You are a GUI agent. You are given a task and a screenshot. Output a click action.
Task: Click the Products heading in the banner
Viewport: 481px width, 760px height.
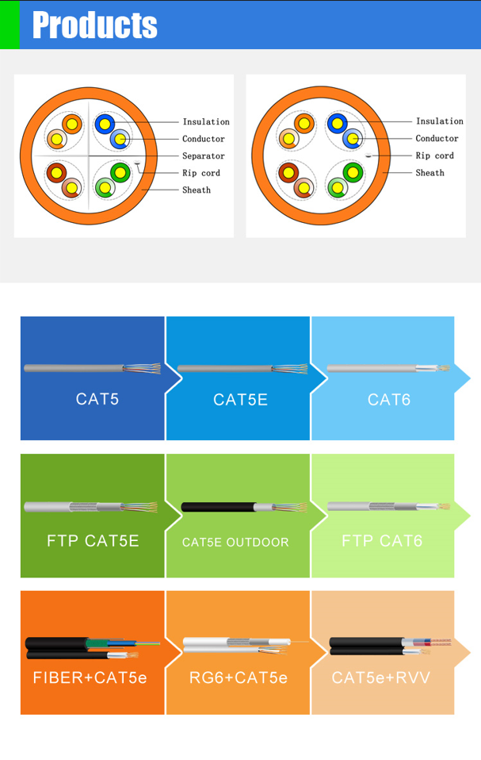[95, 25]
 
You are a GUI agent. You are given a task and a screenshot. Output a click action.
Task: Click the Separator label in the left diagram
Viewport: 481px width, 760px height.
[203, 155]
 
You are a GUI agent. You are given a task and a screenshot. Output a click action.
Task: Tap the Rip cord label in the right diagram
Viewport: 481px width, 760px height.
[434, 155]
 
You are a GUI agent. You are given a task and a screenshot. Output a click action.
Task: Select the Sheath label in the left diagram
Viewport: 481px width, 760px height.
[197, 190]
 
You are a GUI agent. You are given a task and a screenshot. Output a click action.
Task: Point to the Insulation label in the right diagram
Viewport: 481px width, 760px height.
[439, 121]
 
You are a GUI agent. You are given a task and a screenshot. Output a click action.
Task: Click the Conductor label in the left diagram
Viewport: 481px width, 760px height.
[203, 139]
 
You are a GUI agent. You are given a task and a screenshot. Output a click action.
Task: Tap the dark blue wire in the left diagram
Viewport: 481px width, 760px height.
[105, 124]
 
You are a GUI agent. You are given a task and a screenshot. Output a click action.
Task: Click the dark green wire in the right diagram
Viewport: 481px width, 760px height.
[353, 173]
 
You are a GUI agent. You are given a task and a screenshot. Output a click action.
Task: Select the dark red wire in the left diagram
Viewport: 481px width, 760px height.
[56, 173]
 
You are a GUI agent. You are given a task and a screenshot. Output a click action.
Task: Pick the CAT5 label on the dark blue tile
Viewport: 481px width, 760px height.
[97, 399]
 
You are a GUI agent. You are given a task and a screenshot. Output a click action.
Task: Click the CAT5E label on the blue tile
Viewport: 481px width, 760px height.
[241, 399]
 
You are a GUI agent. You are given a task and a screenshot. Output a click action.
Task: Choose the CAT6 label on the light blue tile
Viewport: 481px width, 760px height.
[389, 399]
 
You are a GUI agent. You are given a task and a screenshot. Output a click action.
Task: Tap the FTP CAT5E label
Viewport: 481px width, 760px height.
[93, 540]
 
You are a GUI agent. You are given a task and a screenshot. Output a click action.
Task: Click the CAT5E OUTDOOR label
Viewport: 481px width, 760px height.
[235, 542]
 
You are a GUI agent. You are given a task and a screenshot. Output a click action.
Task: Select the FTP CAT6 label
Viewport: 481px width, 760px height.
[382, 540]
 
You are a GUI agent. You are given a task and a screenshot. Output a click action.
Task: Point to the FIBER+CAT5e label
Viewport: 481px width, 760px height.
[90, 677]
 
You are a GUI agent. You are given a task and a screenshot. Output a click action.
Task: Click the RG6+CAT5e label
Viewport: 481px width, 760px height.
[239, 677]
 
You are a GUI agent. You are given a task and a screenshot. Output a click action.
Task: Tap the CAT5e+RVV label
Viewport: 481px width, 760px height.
[381, 677]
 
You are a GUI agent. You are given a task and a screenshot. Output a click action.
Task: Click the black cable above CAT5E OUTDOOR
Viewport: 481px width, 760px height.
[218, 507]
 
